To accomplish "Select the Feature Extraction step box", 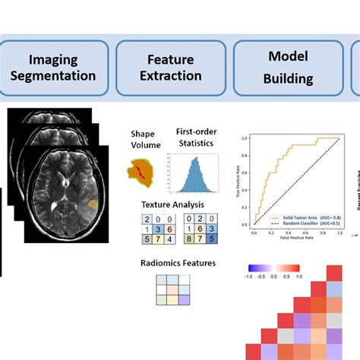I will click(x=171, y=68).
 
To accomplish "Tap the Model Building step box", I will click(x=288, y=68).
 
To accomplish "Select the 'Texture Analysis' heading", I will click(x=174, y=205).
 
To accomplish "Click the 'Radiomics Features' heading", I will click(x=178, y=264).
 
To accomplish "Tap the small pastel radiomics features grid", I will click(x=170, y=289).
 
